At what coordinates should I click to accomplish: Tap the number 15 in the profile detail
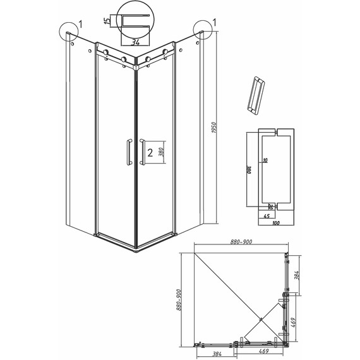pyautogui.click(x=109, y=20)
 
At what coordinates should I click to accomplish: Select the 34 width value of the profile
pyautogui.click(x=135, y=42)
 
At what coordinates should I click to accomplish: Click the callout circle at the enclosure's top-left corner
pyautogui.click(x=68, y=32)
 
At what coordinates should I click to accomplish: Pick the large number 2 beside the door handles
pyautogui.click(x=150, y=152)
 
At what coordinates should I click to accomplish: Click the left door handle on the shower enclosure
pyautogui.click(x=129, y=152)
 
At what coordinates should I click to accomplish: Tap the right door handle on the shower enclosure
pyautogui.click(x=143, y=152)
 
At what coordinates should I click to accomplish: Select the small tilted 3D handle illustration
pyautogui.click(x=255, y=94)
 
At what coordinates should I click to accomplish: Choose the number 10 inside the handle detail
pyautogui.click(x=265, y=162)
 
